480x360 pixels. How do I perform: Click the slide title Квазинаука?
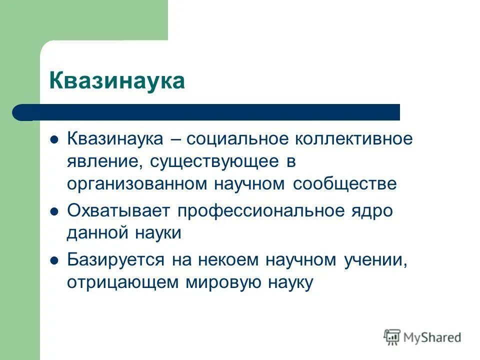coord(117,80)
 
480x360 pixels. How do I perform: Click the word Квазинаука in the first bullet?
coord(115,138)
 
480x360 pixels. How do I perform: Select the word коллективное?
coord(350,138)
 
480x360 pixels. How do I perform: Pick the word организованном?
coord(137,183)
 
